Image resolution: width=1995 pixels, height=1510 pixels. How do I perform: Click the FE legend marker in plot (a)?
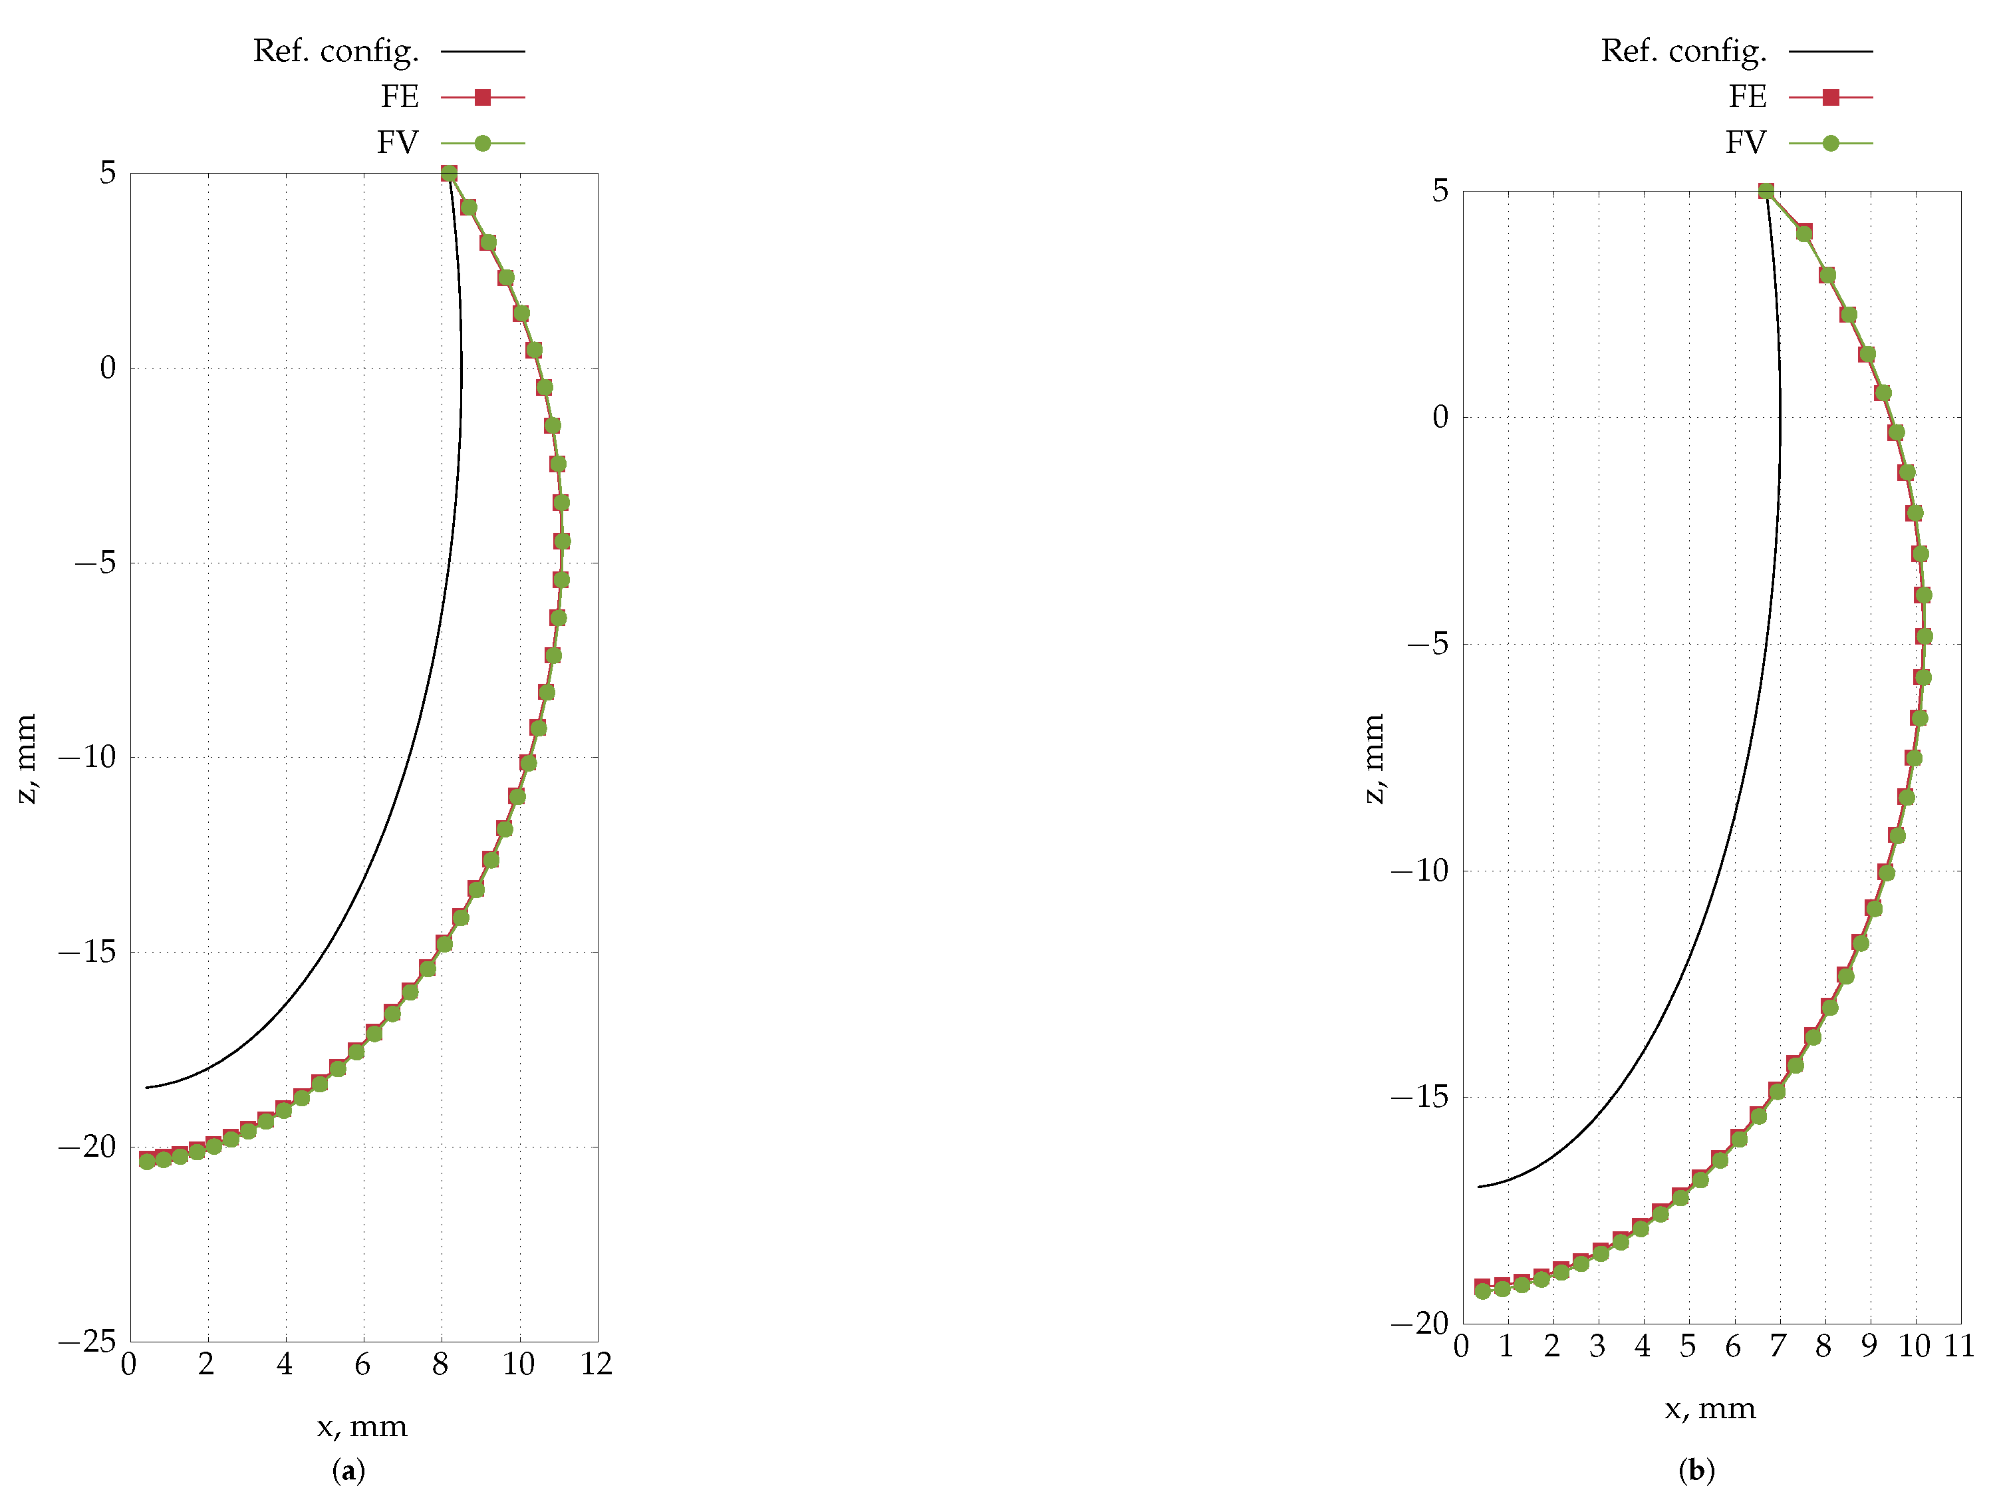tap(483, 97)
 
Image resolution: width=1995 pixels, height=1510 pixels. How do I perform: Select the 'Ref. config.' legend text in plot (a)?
tap(336, 51)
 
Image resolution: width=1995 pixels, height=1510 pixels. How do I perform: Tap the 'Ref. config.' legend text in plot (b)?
tap(1683, 51)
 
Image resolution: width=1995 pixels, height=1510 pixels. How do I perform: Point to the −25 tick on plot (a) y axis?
tap(88, 1341)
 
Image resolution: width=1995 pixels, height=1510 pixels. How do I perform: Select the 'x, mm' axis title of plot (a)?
tap(362, 1427)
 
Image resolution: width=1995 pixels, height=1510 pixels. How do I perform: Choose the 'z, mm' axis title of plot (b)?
tap(1373, 758)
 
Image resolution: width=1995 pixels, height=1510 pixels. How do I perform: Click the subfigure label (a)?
tap(349, 1471)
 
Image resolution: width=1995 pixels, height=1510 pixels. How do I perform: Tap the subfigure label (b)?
tap(1696, 1471)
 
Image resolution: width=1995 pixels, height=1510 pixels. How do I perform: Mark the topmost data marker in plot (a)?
tap(449, 173)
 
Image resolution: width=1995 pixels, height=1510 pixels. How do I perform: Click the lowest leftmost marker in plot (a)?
tap(147, 1160)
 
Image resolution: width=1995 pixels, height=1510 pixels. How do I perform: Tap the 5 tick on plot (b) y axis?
tap(1440, 191)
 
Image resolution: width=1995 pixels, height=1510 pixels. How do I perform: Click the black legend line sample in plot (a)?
tap(483, 51)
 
